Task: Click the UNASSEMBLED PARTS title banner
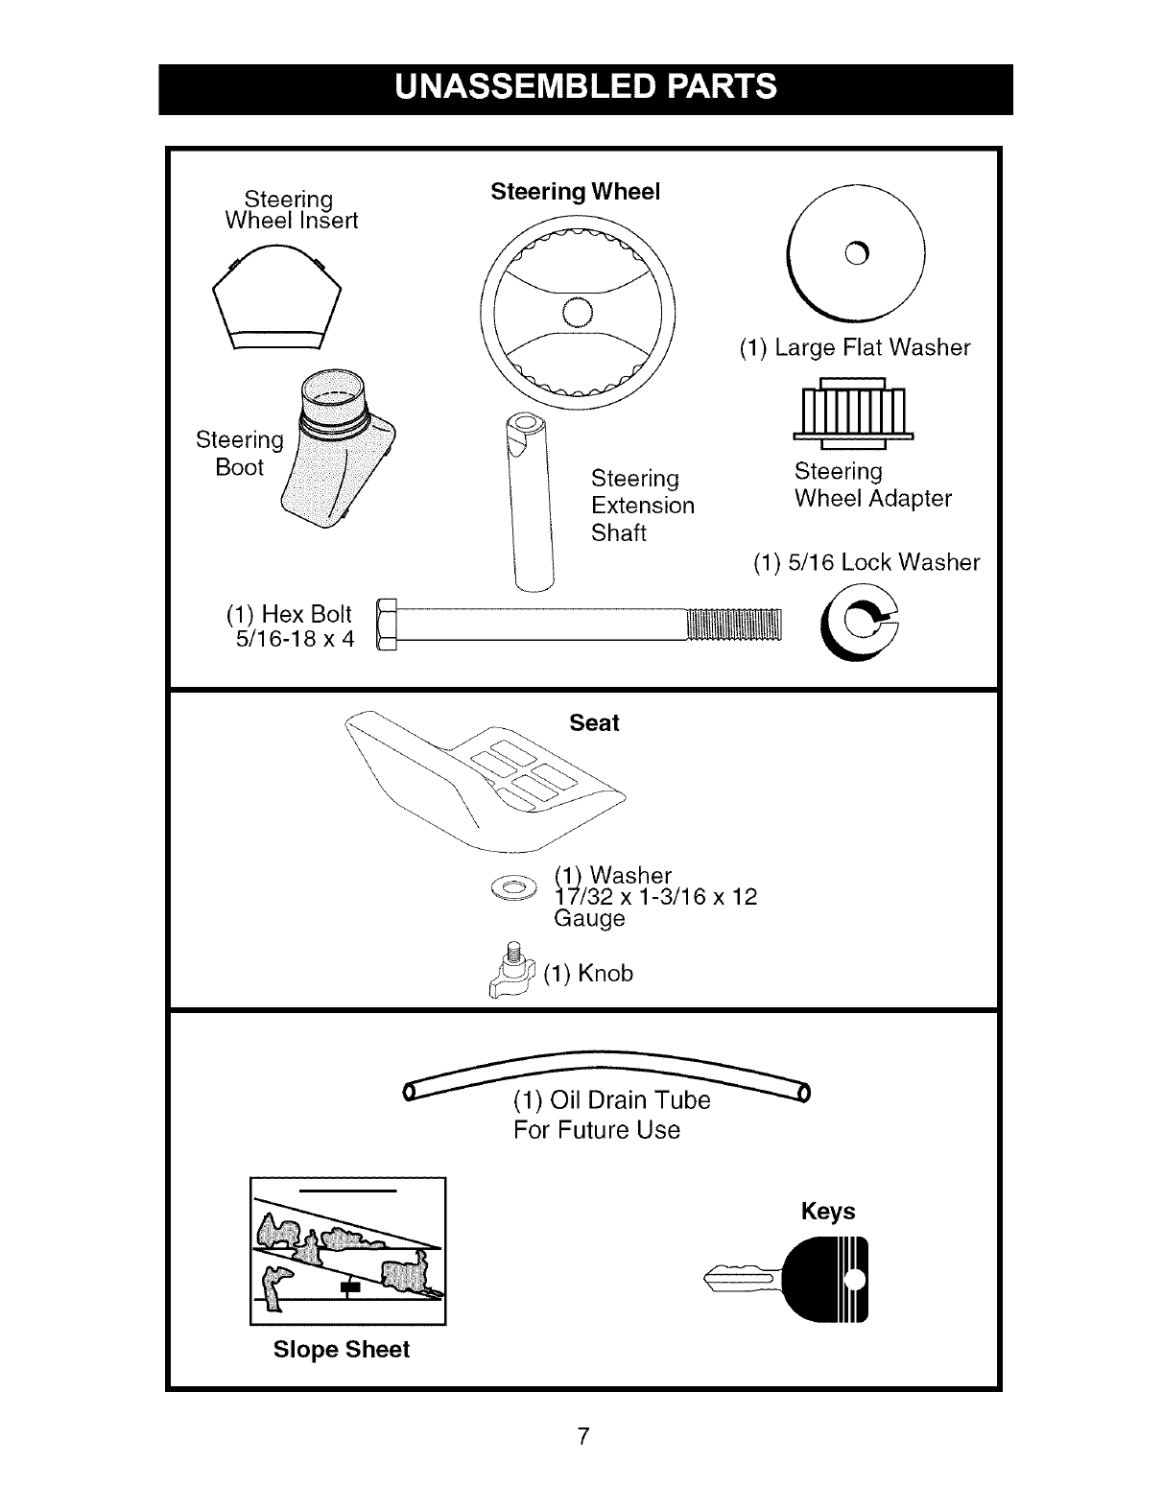tap(585, 88)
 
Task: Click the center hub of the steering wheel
tap(579, 312)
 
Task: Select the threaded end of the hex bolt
tap(735, 624)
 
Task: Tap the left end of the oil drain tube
tap(410, 1092)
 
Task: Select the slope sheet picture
tap(347, 1250)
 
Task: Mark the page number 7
tap(581, 1436)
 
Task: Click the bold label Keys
tap(828, 1212)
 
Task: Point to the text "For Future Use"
tap(596, 1130)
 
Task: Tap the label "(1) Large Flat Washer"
tap(854, 347)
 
